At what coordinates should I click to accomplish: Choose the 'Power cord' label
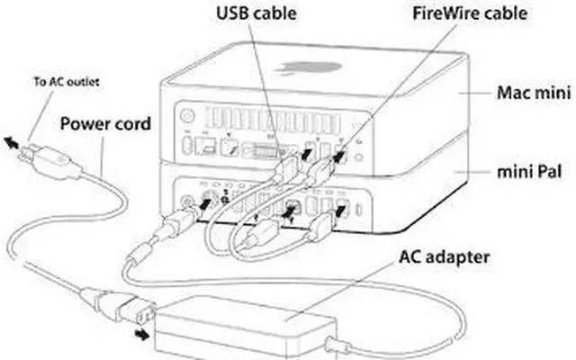coord(104,123)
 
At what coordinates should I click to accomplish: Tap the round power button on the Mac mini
coord(188,115)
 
